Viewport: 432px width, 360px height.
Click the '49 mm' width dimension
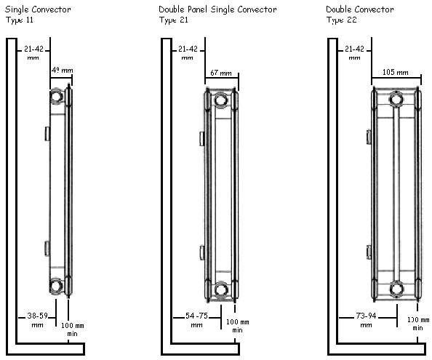tap(62, 70)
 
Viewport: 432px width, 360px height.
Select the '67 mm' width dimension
tap(220, 73)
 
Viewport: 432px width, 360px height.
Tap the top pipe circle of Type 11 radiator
tap(57, 97)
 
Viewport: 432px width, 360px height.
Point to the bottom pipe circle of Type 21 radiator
tap(221, 290)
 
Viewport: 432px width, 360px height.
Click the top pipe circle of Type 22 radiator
tap(396, 99)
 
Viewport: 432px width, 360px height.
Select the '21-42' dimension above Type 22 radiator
tap(354, 52)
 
